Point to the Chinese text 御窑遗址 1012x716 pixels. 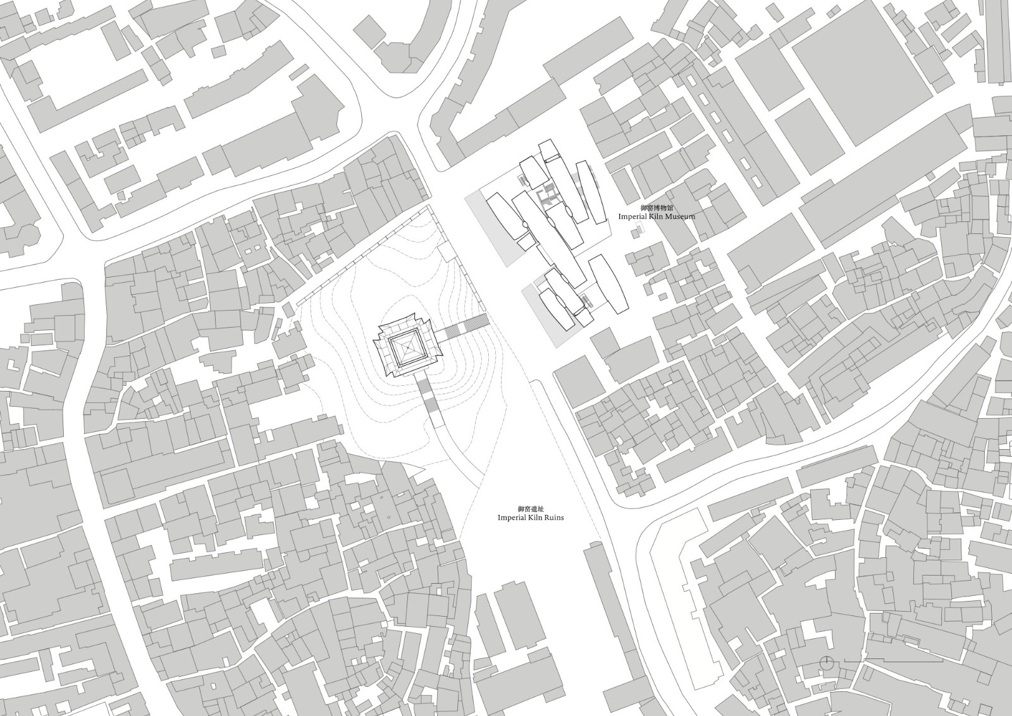click(530, 509)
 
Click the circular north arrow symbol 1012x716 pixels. click(825, 662)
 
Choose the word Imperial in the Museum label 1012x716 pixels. click(632, 216)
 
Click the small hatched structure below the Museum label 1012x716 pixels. click(637, 233)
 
